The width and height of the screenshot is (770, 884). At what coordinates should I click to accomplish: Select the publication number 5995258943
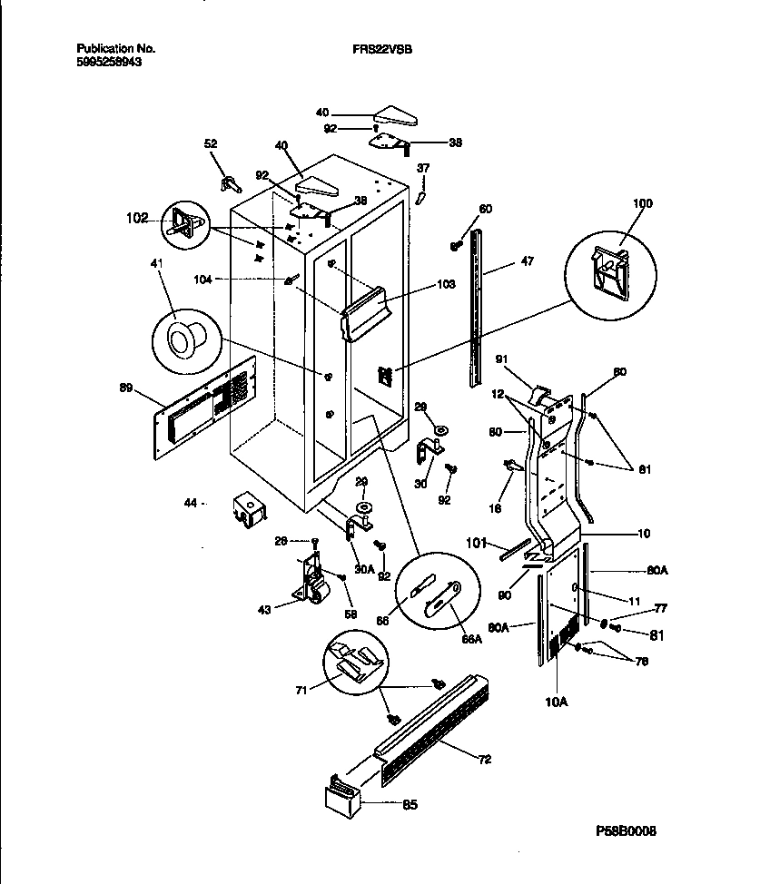pos(109,64)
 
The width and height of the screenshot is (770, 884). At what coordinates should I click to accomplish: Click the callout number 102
pos(138,219)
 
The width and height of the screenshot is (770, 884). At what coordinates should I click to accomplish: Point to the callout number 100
pos(643,203)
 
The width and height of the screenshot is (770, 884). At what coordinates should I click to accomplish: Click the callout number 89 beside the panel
pos(125,388)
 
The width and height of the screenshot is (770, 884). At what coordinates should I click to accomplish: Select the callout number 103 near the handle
pos(446,284)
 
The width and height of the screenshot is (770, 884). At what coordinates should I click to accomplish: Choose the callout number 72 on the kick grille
pos(485,759)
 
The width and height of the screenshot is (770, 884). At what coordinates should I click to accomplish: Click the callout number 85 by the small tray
pos(410,804)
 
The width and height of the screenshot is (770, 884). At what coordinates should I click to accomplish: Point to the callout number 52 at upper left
pos(211,142)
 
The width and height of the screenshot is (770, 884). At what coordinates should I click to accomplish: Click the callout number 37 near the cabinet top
pos(423,168)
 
